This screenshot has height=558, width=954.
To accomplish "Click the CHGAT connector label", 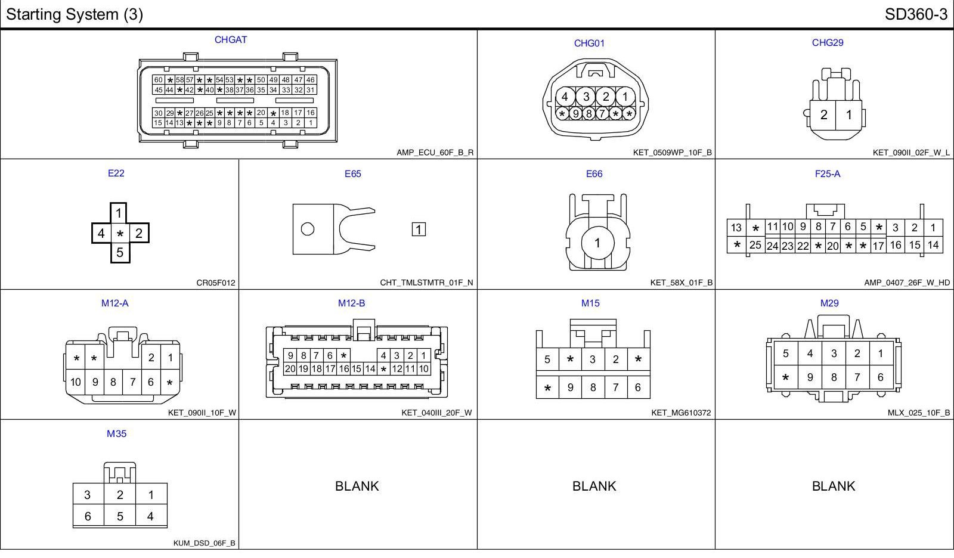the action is [230, 39].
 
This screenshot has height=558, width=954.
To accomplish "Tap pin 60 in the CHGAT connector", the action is [159, 80].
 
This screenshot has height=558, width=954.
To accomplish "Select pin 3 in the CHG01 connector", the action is [586, 97].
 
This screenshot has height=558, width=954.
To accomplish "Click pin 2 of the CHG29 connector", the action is [823, 114].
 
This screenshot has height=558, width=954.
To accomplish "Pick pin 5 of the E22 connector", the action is [120, 253].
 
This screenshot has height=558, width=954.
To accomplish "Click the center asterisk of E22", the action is [120, 234].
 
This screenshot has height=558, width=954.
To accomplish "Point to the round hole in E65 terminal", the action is [308, 229].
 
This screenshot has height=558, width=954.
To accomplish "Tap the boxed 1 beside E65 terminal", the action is [419, 230].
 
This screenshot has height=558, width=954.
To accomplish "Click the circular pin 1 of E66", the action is [597, 243].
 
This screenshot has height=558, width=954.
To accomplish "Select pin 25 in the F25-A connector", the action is [755, 245].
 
